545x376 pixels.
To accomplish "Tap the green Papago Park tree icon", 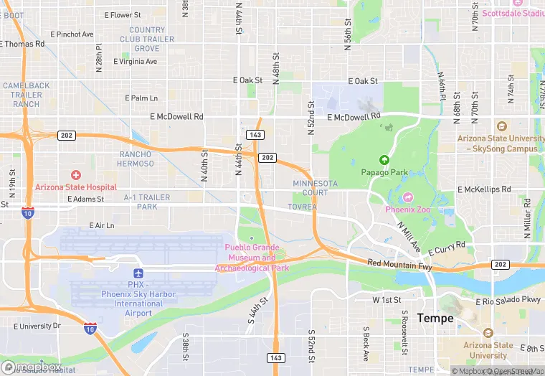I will point(384,160).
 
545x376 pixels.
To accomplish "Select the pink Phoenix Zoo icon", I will point(409,197).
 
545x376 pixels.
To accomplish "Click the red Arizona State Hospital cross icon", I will point(76,175).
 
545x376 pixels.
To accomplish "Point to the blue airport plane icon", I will point(138,273).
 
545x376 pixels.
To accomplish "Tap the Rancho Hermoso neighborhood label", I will point(136,159).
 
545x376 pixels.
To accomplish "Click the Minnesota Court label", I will point(315,188).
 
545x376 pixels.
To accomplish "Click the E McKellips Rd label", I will point(484,189).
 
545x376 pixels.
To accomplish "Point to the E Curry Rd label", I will point(447,248).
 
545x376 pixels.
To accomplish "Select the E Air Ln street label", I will point(102,225).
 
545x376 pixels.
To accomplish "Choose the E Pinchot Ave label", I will point(72,34).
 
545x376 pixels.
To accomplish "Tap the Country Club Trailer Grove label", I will point(147,39).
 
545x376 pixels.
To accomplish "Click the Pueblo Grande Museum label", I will point(250,258).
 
